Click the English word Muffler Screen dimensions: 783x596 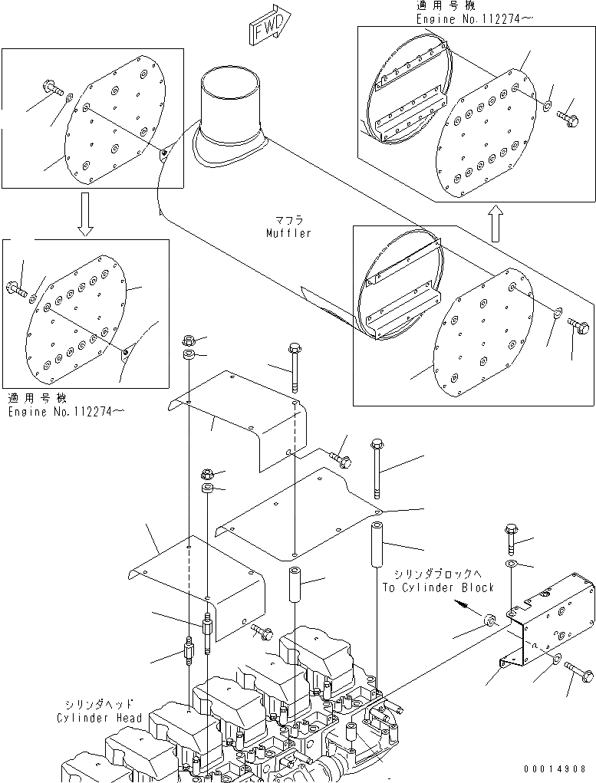(289, 233)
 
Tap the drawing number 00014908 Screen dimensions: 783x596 (555, 768)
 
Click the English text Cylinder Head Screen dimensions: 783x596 (100, 718)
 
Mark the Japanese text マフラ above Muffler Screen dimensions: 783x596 (288, 220)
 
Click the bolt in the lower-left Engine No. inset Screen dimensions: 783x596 (18, 289)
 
